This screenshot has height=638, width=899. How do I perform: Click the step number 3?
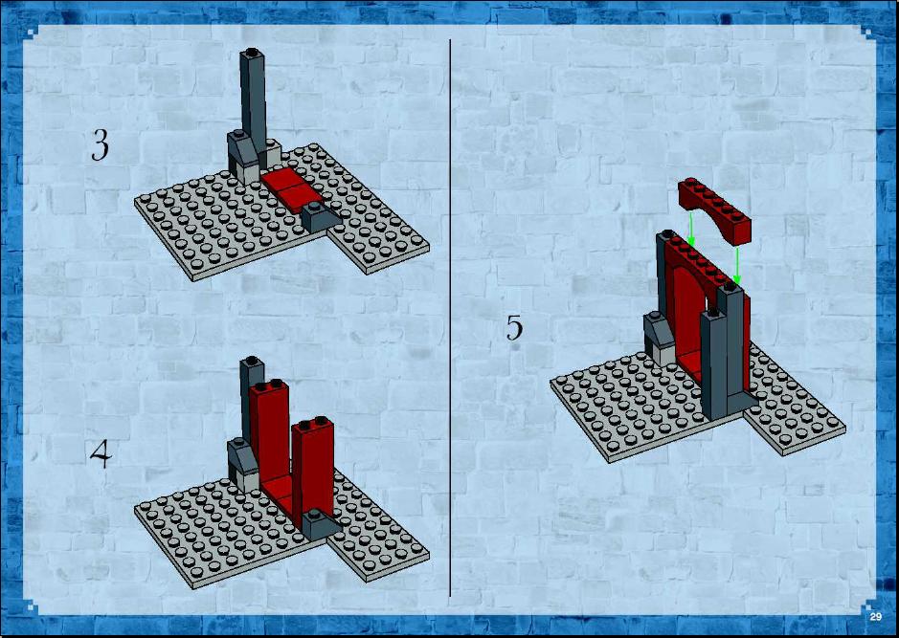[100, 144]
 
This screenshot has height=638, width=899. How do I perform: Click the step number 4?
[101, 453]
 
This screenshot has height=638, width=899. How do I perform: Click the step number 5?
[514, 327]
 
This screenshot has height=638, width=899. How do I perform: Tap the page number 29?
[875, 616]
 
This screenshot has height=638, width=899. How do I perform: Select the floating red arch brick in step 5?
[714, 209]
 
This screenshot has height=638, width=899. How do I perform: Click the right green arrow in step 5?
[737, 265]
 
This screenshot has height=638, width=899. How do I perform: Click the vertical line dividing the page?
[450, 318]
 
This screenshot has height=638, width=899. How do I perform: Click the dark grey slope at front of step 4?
[321, 525]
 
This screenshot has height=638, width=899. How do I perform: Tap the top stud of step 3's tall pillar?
[251, 53]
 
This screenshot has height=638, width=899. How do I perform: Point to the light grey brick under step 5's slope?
[661, 353]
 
